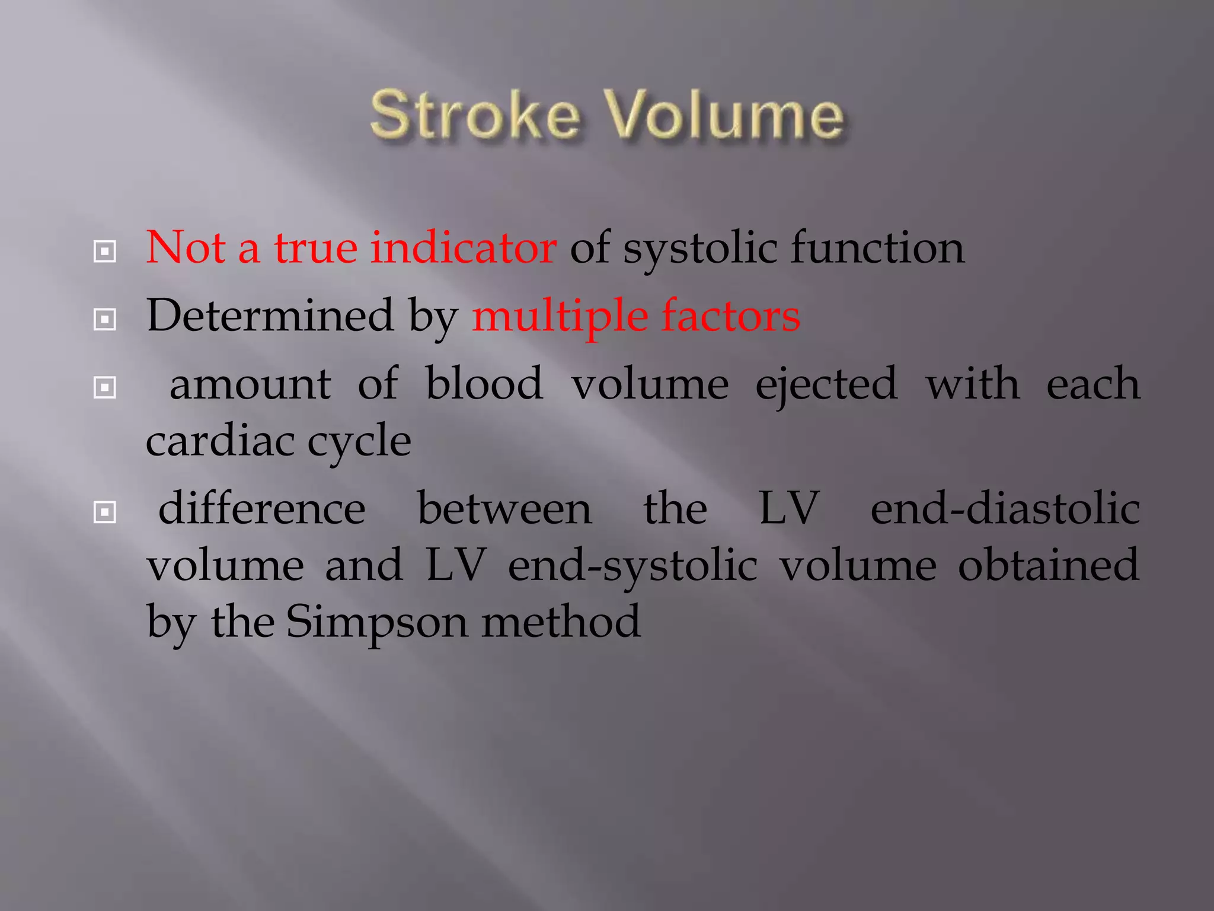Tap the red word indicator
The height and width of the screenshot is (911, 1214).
click(x=463, y=247)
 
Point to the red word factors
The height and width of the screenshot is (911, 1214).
click(x=730, y=316)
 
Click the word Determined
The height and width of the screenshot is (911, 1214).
click(x=270, y=316)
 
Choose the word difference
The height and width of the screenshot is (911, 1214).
click(x=262, y=509)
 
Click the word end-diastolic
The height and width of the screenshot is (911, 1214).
click(x=1005, y=509)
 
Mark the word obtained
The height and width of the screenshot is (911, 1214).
click(x=1048, y=565)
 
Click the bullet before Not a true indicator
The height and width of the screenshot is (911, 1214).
click(x=105, y=252)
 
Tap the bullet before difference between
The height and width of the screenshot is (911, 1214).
click(x=105, y=512)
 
